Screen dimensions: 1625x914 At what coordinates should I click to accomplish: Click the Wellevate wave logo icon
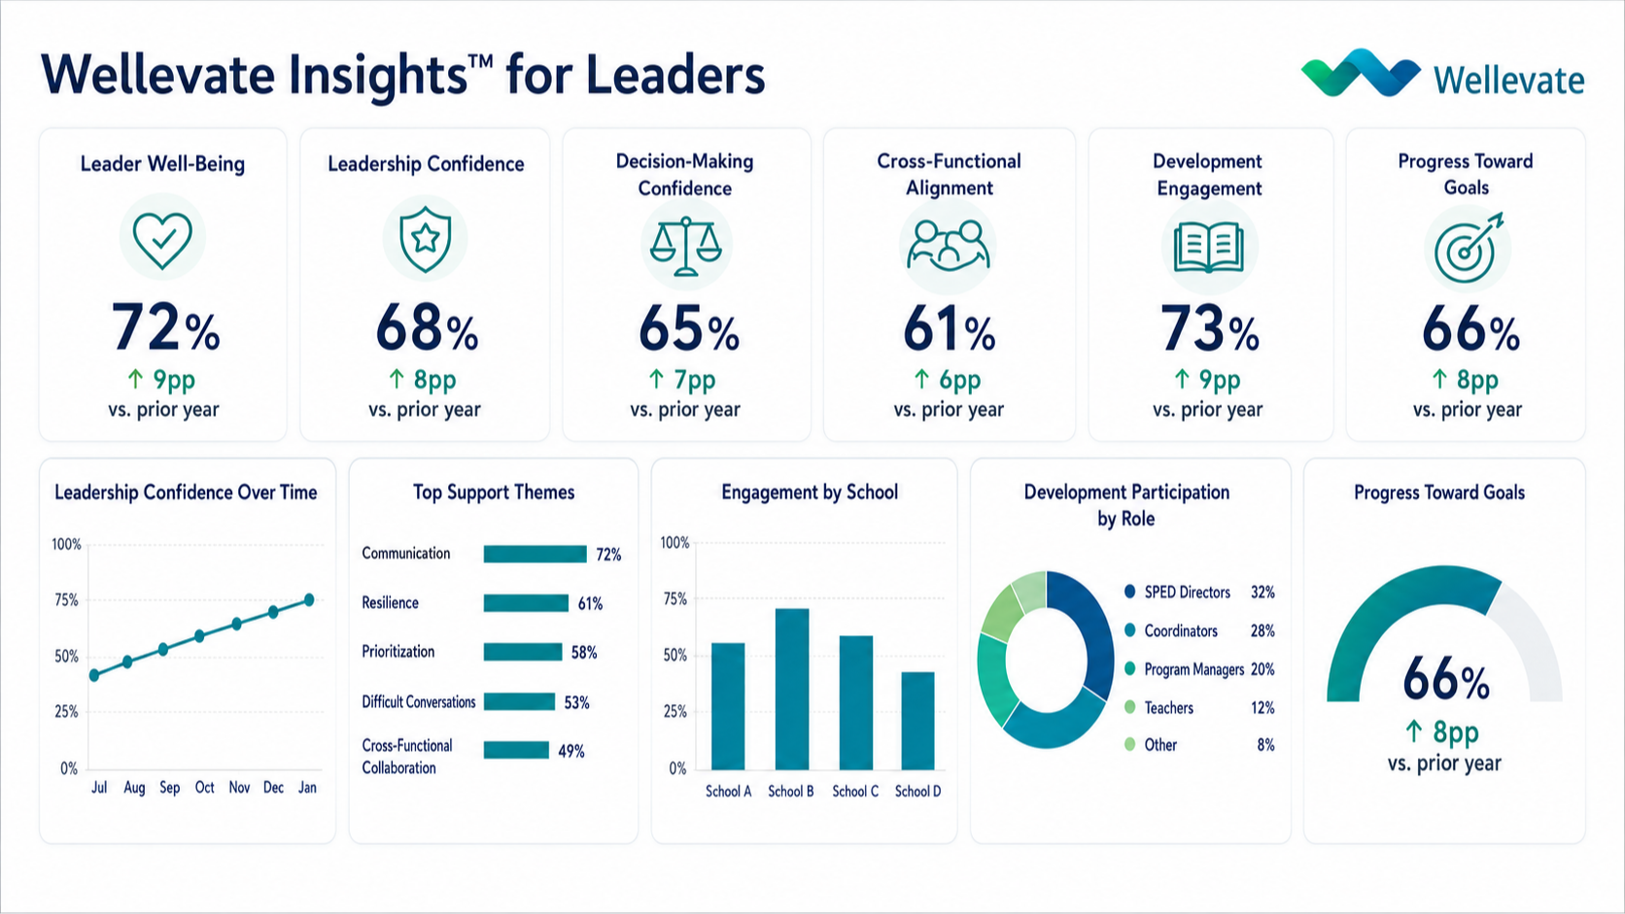pos(1361,73)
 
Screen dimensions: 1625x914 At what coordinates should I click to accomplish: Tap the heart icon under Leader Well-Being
pos(162,240)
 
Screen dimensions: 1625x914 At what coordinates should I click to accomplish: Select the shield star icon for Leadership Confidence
pos(425,239)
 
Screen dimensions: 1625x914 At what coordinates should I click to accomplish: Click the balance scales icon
pos(685,247)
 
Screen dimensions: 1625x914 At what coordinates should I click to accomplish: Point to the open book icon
pos(1209,247)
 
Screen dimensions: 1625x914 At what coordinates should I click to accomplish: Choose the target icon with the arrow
pos(1468,248)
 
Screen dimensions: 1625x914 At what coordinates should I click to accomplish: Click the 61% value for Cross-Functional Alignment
pos(949,330)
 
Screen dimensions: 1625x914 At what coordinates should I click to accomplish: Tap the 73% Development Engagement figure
pos(1209,329)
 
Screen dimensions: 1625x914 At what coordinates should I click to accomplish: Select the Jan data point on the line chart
pos(309,599)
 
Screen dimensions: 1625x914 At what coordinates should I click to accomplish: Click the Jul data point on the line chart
pos(94,675)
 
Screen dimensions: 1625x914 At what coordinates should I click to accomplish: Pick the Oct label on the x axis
pos(204,787)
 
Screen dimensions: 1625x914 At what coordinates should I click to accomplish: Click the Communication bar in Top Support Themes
pos(536,554)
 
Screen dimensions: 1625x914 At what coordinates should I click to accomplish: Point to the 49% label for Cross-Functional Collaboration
pos(571,751)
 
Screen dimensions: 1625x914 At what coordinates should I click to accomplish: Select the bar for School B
pos(792,689)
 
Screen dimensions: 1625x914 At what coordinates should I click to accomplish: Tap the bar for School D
pos(917,721)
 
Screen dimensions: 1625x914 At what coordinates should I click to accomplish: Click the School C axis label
pos(855,792)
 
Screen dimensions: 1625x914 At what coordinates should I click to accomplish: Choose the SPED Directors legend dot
pos(1129,592)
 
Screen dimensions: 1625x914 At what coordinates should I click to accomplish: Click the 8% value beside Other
pos(1266,745)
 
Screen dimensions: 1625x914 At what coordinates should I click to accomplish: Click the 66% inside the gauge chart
pos(1446,679)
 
